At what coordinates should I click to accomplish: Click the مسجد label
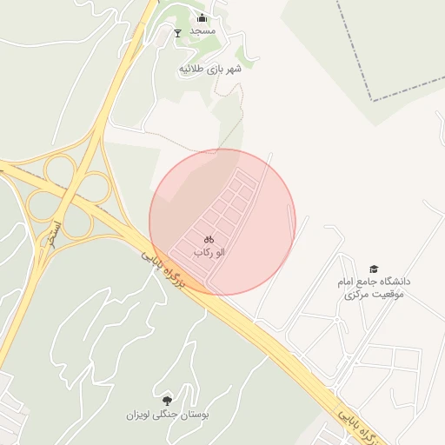click(x=202, y=31)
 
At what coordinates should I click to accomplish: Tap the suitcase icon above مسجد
click(x=203, y=17)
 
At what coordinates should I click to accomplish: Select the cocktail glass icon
click(x=178, y=33)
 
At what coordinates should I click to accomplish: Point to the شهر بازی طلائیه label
click(x=209, y=69)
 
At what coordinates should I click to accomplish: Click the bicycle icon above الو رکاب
click(x=209, y=238)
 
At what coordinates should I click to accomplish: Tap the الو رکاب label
click(x=209, y=252)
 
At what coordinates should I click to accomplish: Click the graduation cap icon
click(x=374, y=269)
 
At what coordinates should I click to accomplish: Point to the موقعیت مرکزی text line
click(x=374, y=296)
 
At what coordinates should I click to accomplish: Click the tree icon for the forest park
click(x=166, y=400)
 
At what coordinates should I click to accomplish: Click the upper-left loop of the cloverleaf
click(x=61, y=169)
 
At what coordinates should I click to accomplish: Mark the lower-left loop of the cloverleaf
click(x=41, y=205)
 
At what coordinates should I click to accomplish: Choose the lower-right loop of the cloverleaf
click(x=76, y=222)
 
